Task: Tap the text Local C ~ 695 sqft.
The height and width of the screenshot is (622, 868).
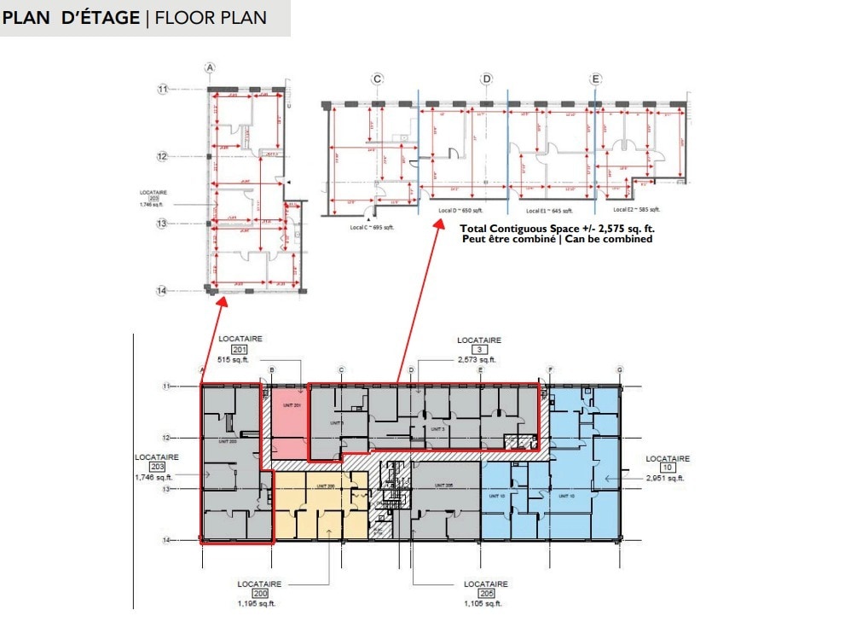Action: click(x=372, y=227)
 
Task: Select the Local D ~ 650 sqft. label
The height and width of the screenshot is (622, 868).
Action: click(x=460, y=210)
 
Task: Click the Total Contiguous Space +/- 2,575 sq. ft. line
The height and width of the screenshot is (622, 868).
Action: click(x=557, y=229)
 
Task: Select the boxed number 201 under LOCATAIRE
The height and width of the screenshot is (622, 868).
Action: click(x=238, y=350)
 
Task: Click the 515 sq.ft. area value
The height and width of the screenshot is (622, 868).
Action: click(x=238, y=360)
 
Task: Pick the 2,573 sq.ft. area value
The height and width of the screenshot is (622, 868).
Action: click(x=477, y=360)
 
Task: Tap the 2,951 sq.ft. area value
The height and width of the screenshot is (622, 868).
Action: click(x=666, y=479)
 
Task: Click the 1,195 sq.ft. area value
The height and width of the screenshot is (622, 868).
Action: click(x=256, y=603)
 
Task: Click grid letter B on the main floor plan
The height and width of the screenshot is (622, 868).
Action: click(x=271, y=369)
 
